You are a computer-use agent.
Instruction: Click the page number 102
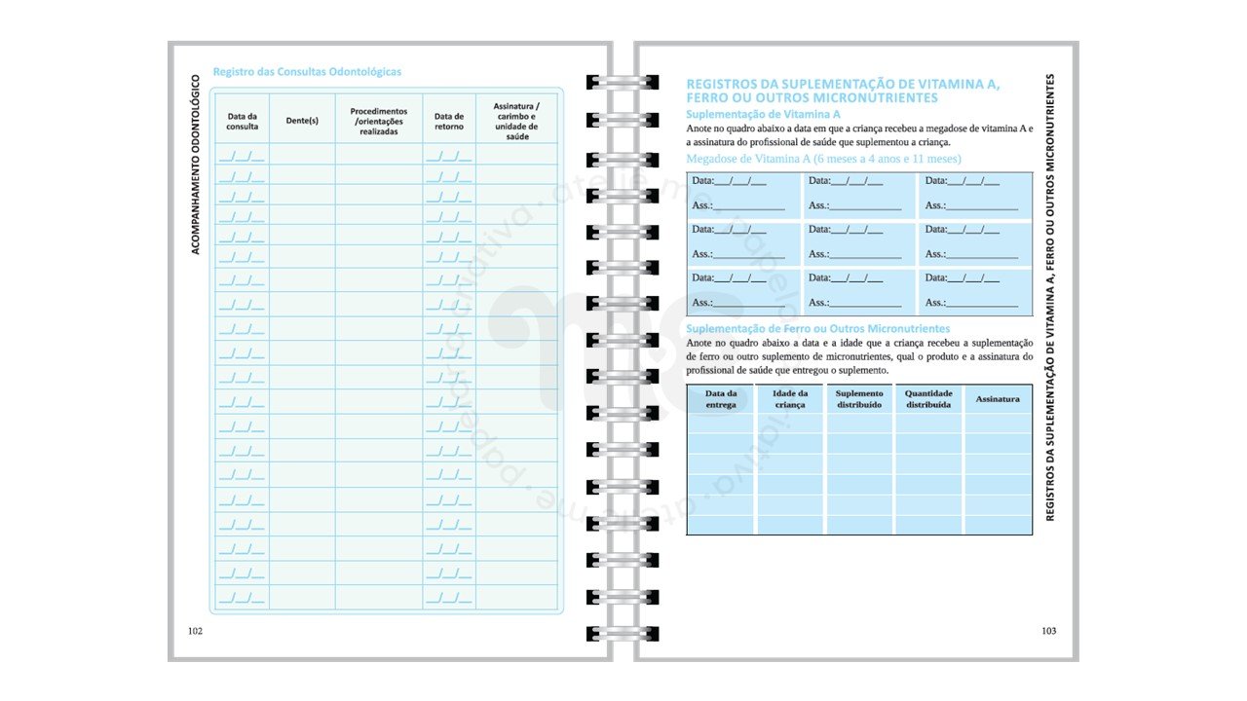point(195,631)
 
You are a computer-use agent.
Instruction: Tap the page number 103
point(1048,631)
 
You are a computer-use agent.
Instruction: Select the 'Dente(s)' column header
point(302,121)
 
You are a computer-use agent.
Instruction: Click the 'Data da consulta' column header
point(243,121)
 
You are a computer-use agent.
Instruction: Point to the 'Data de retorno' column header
point(449,121)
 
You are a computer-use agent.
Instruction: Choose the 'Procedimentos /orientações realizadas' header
point(379,121)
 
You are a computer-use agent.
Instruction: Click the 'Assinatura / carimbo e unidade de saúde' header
point(516,121)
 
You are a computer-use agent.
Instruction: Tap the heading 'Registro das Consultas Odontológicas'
point(307,72)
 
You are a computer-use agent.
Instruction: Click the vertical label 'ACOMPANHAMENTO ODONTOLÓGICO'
point(195,165)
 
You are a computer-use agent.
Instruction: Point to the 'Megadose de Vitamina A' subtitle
point(823,159)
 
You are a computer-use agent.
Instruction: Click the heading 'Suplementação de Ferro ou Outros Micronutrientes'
point(817,329)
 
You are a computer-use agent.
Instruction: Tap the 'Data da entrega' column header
point(721,398)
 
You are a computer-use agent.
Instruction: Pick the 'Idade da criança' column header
point(789,398)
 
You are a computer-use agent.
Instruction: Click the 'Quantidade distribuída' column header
point(927,398)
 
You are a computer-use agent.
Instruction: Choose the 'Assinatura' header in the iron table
point(998,398)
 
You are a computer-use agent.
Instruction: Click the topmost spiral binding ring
point(610,83)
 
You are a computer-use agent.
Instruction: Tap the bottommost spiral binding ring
point(610,634)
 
